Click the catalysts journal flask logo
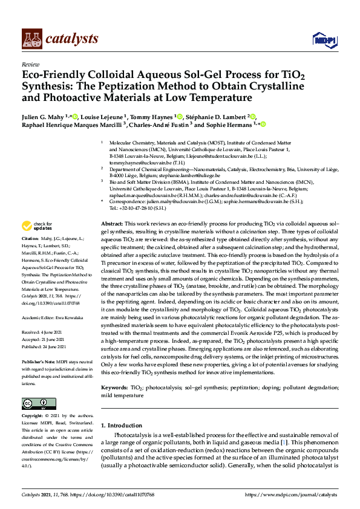(33, 39)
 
